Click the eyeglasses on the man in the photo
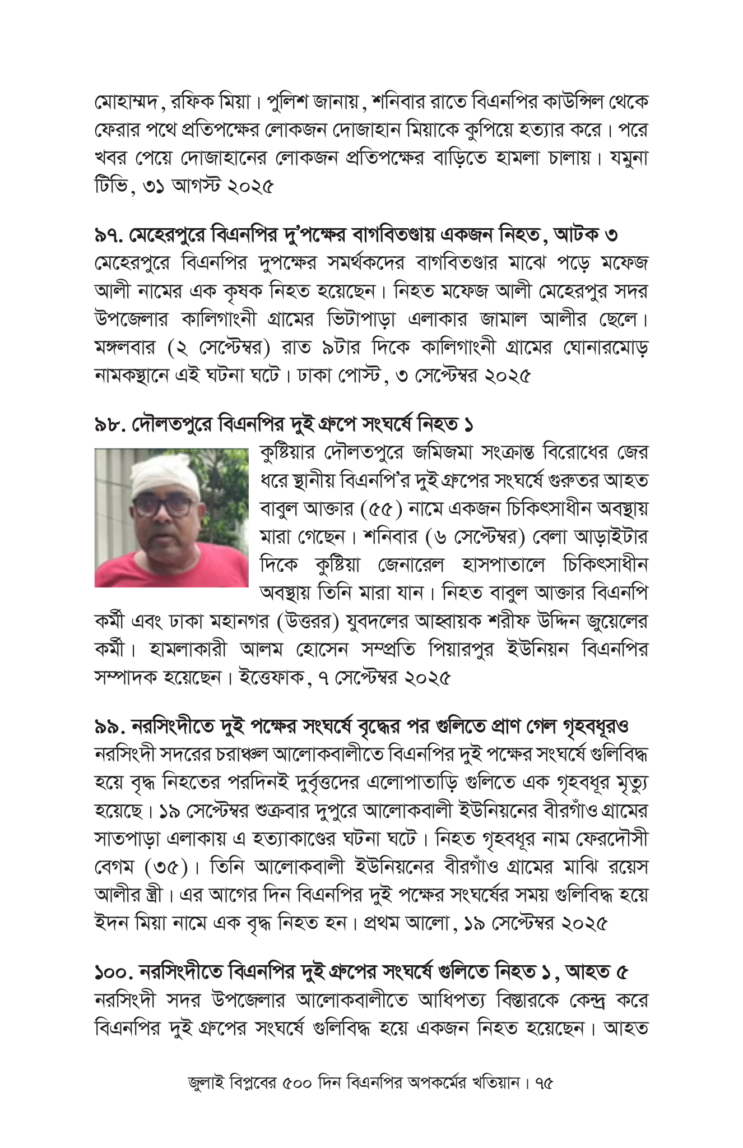[x=163, y=507]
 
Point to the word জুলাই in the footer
[x=206, y=1082]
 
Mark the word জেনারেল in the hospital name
[x=411, y=565]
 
